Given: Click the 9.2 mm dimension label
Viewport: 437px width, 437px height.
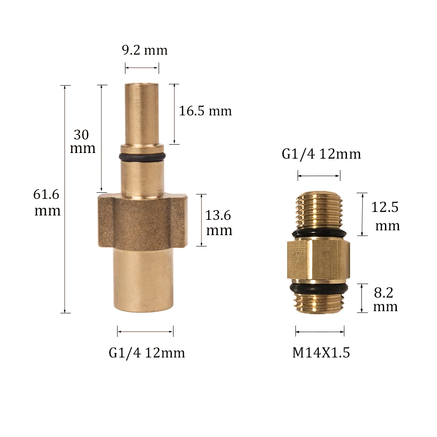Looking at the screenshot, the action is pos(145,50).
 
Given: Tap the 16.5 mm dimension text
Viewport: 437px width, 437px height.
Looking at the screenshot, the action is pos(205,111).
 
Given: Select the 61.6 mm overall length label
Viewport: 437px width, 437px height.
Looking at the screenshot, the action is pos(47,202).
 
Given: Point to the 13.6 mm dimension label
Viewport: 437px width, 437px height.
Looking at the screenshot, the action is pos(218,223).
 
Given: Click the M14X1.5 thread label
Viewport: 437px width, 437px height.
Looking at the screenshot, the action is pos(321,353).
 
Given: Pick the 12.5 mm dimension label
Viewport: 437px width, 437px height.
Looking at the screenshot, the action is pos(385,216).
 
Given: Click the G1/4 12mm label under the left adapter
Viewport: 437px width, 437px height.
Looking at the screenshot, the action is pos(147,353).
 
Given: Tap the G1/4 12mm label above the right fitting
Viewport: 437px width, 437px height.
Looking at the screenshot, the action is pos(321,154).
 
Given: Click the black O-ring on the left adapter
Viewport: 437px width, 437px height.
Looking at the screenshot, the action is pos(142,156).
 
